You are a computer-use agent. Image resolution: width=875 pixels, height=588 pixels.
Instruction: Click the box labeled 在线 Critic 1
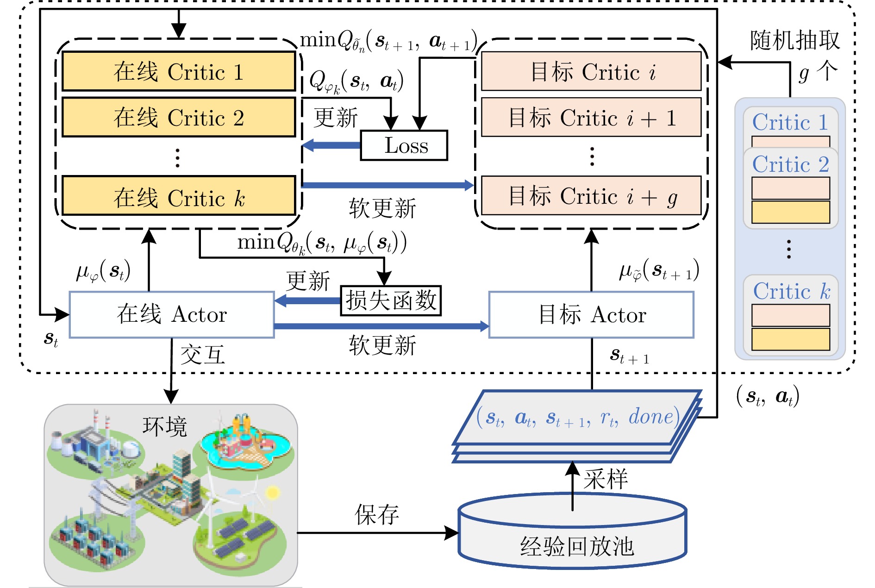point(179,71)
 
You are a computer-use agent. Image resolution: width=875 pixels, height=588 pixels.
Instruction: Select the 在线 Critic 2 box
point(179,117)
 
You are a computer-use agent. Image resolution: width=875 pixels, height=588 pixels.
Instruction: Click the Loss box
point(404,146)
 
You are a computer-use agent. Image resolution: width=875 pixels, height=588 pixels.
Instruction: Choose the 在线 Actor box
point(172,315)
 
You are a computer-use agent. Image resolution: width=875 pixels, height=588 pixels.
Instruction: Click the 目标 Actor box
point(592,315)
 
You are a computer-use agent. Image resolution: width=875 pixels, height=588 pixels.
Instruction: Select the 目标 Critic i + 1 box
point(592,118)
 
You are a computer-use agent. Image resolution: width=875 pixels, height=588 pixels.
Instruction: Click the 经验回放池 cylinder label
point(576,546)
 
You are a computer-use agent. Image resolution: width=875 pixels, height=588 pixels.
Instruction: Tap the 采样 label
point(606,479)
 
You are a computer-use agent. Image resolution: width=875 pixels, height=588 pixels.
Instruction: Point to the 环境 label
point(165,426)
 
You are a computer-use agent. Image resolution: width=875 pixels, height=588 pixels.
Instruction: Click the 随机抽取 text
point(794,41)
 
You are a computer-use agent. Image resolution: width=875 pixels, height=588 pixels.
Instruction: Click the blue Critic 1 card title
point(790,122)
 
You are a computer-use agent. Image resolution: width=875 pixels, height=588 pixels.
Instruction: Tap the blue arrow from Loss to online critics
point(331,145)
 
